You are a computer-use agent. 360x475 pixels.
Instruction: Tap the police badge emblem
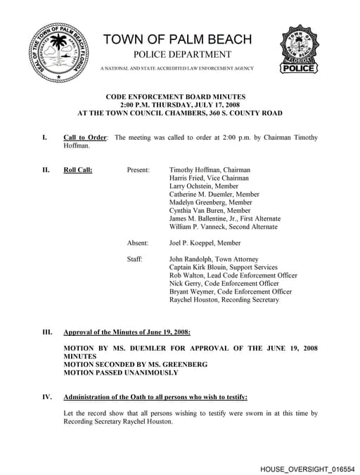(x=301, y=49)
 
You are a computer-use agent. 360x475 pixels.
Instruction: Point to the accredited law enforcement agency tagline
(x=177, y=68)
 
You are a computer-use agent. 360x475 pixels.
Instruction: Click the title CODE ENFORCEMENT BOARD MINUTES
(x=180, y=96)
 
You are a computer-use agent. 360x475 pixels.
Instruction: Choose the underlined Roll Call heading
(x=78, y=170)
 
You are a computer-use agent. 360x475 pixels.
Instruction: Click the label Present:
(x=138, y=170)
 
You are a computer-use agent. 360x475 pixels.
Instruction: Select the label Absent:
(x=138, y=243)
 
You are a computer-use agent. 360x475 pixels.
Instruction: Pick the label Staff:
(x=135, y=259)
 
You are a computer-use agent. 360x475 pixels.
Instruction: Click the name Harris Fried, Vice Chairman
(x=209, y=178)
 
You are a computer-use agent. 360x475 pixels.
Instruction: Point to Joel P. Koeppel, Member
(x=205, y=243)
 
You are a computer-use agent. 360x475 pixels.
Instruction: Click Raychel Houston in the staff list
(x=224, y=300)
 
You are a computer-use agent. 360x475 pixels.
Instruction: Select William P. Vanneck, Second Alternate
(x=224, y=227)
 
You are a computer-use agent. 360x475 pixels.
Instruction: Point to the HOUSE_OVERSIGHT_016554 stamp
(x=307, y=467)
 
